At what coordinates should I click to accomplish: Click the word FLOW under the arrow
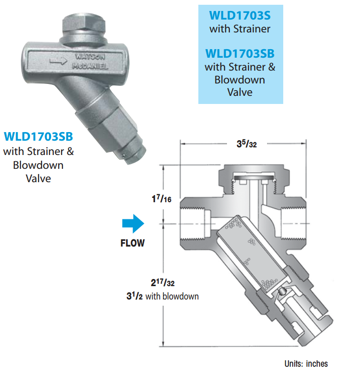click(133, 243)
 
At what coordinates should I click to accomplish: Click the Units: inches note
click(306, 363)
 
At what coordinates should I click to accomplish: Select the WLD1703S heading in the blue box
click(240, 16)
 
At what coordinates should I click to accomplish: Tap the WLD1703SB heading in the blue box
click(240, 52)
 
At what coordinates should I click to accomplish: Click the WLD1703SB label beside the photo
click(39, 136)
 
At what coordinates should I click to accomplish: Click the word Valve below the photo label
click(39, 179)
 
